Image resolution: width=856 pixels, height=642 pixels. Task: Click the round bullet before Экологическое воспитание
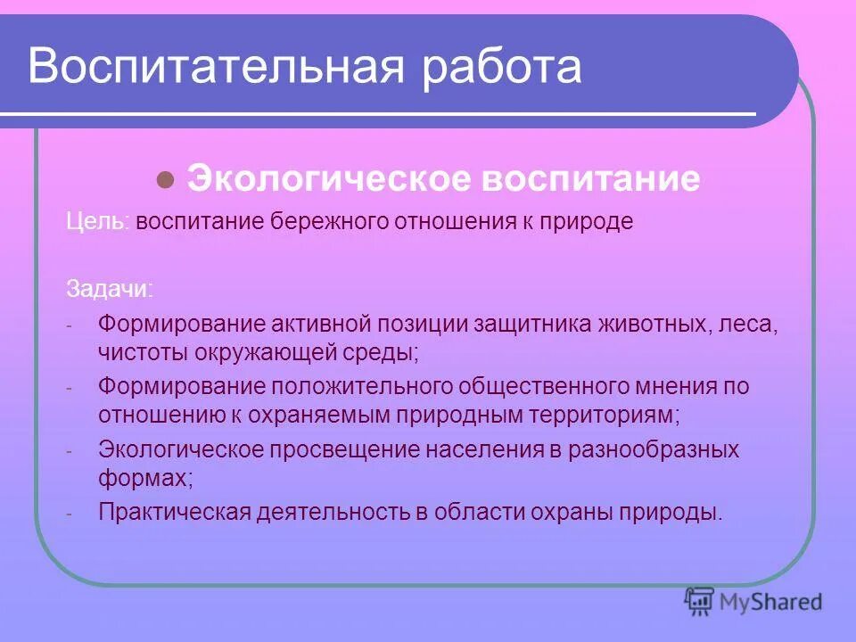click(x=164, y=179)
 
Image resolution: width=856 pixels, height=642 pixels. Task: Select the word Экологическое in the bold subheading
click(x=329, y=179)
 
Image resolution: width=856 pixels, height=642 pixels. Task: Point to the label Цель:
click(x=99, y=222)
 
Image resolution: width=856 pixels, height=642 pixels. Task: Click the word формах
click(x=144, y=477)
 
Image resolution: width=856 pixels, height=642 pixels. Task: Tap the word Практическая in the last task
click(x=174, y=513)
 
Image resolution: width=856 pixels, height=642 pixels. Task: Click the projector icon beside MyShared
click(x=700, y=603)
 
